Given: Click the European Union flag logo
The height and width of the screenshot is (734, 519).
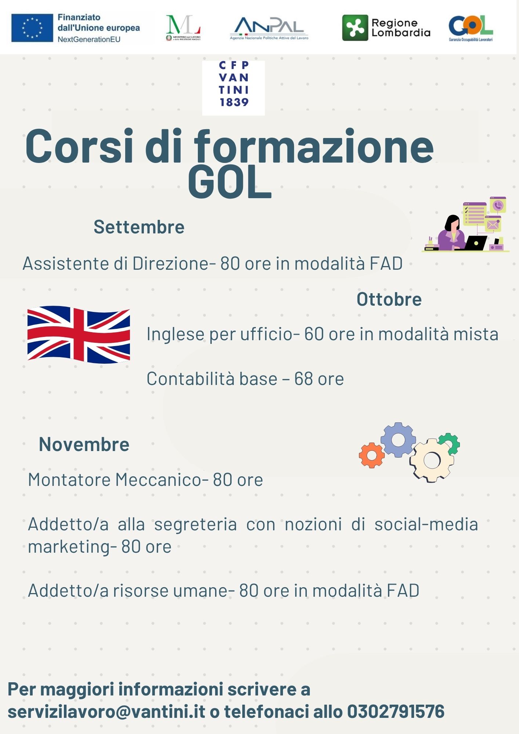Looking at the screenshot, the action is pos(32,28).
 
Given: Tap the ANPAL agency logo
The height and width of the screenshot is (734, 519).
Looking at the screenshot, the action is pos(269,28).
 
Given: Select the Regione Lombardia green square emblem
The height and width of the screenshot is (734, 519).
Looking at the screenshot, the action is pos(355,28).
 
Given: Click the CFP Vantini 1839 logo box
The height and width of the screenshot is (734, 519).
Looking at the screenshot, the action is pos(233,88).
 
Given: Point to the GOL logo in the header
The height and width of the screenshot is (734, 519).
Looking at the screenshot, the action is pos(471,28).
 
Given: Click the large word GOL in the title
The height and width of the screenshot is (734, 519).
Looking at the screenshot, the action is pos(230,182).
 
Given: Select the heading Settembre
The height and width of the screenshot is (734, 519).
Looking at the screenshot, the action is pos(139,227).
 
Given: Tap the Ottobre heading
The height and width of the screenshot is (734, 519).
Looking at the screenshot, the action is pos(389,299).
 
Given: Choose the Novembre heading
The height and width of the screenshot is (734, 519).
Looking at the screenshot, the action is pos(84,444).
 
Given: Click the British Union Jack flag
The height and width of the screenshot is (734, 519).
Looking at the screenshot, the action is pos(79,335).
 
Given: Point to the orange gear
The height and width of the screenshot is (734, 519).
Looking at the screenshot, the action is pos(372,455).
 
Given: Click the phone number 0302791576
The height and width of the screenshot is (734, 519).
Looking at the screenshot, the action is pos(396,711).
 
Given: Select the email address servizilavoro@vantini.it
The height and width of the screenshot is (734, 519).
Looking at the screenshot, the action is pos(106,711).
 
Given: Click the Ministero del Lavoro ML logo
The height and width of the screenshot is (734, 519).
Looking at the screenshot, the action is pos(183,28).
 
